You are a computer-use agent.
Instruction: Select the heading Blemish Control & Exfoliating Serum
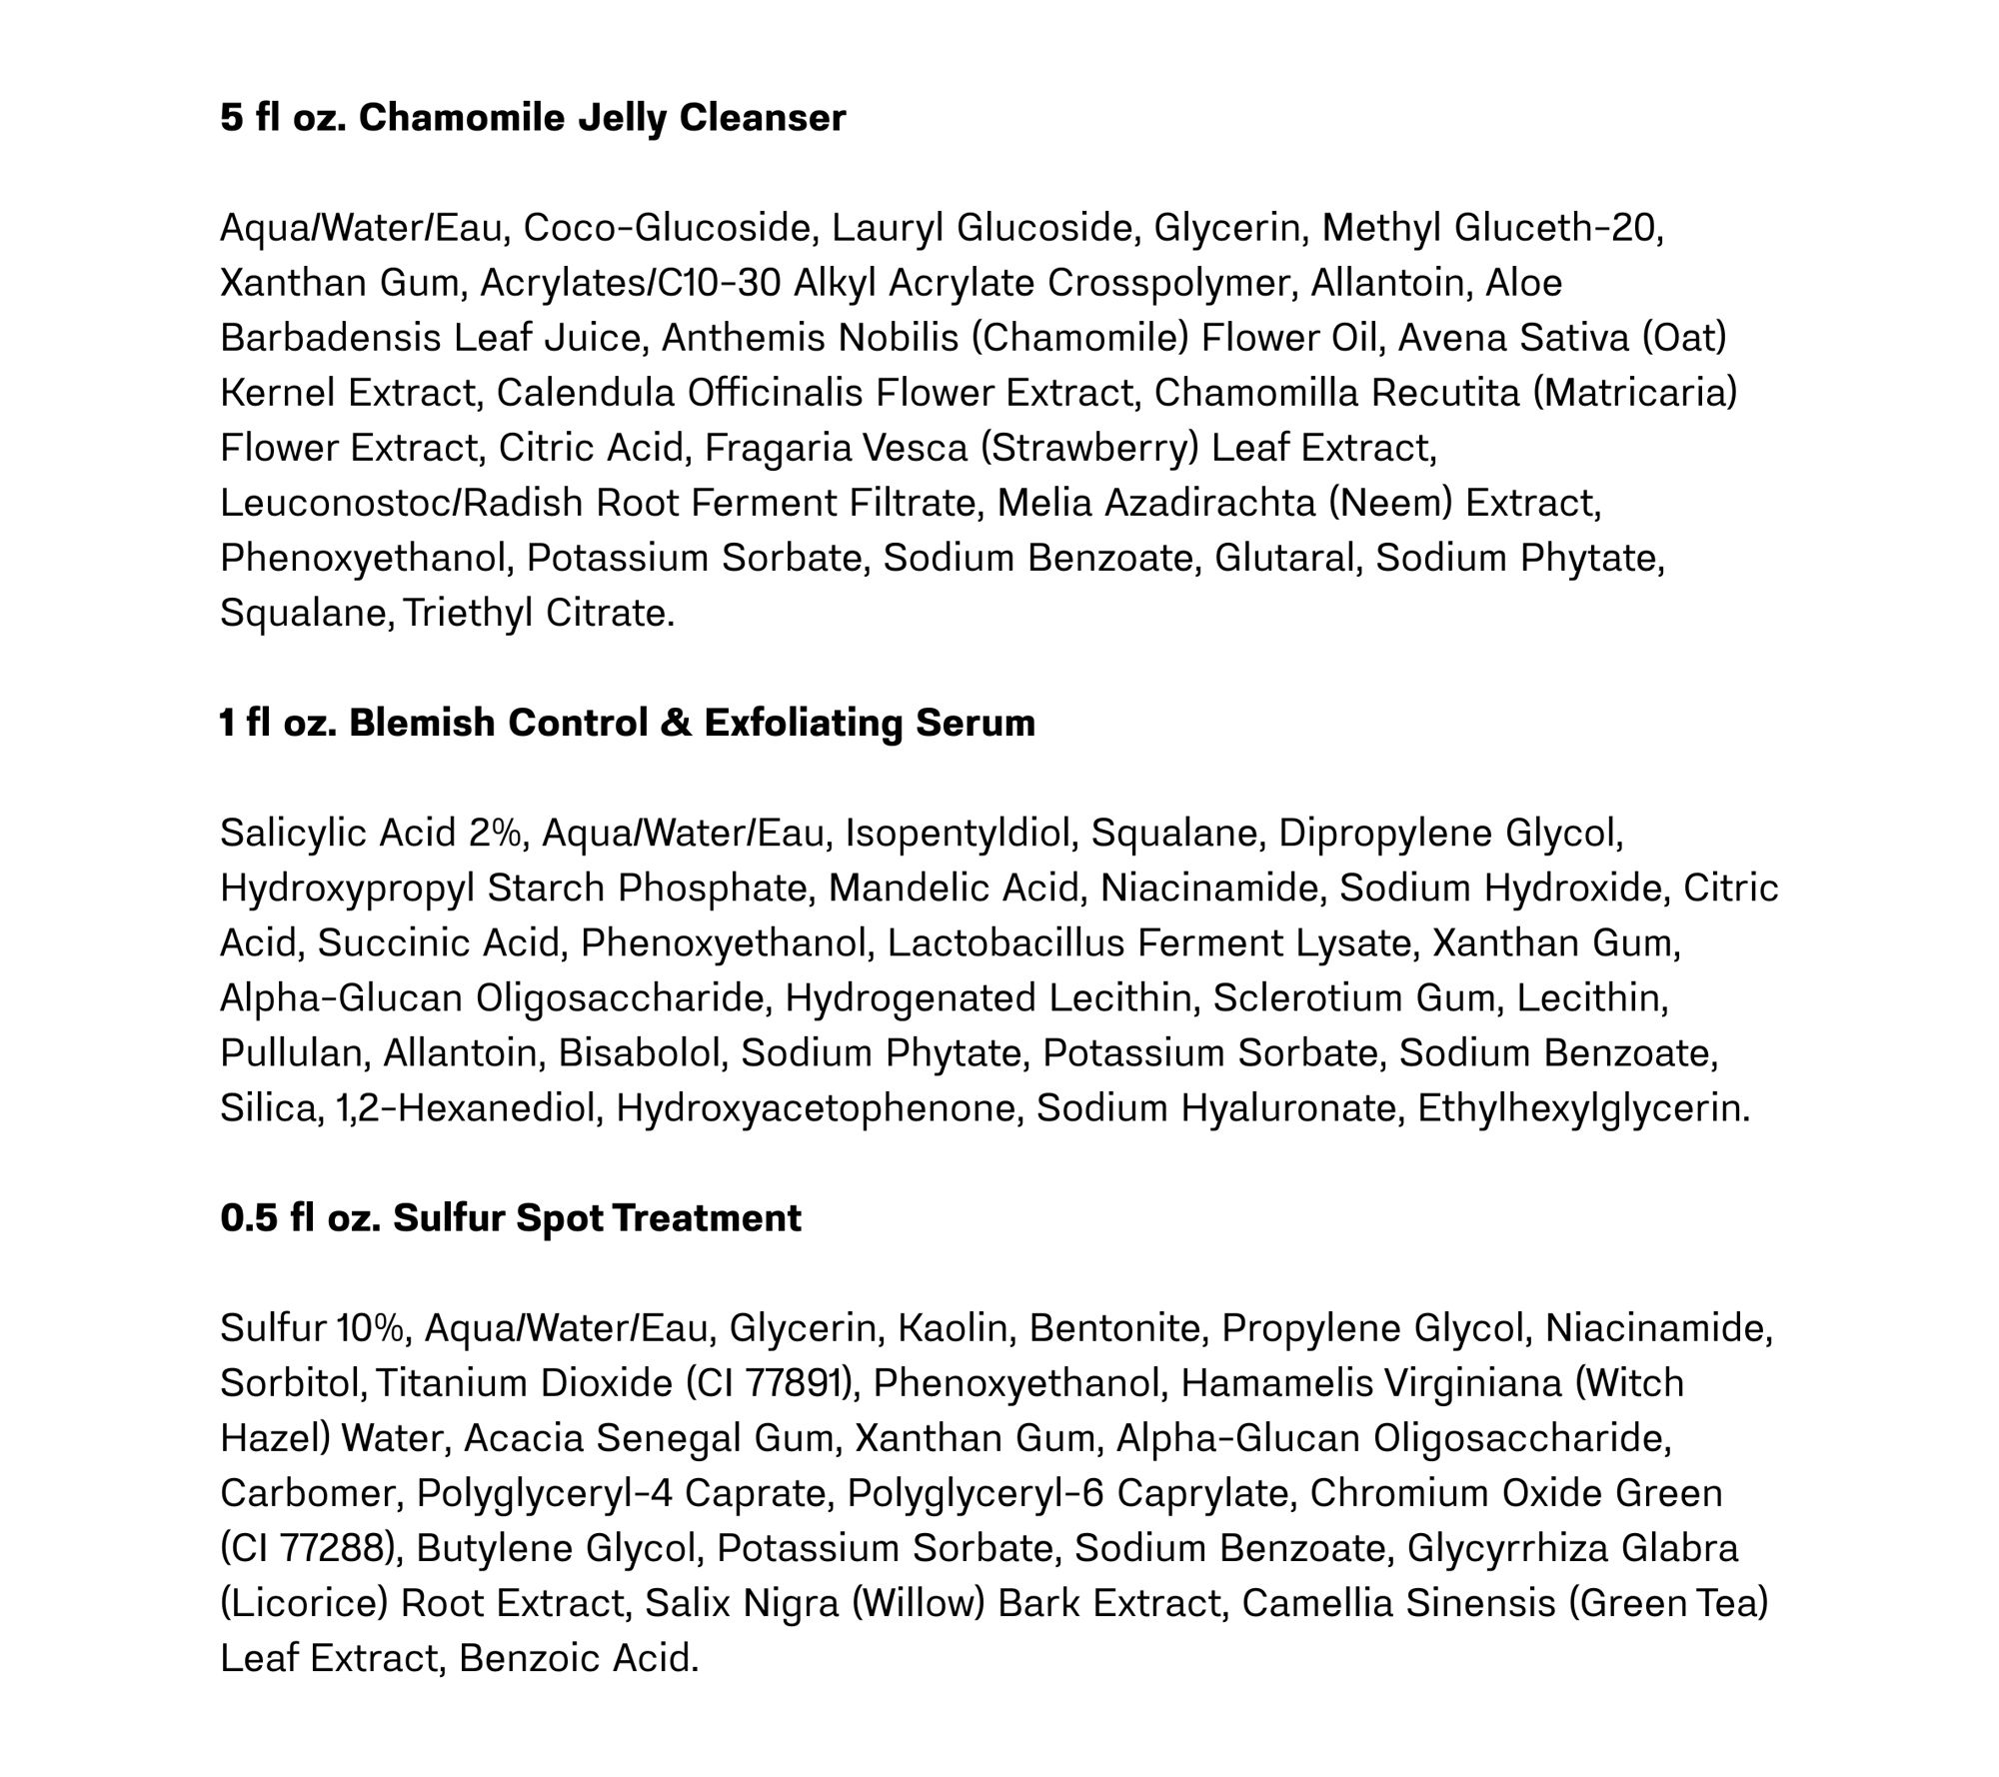click(692, 723)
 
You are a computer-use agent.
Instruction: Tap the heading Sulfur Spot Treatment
click(597, 1218)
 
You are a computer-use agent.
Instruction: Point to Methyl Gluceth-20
click(1492, 228)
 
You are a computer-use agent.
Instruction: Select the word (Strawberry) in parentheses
click(1089, 448)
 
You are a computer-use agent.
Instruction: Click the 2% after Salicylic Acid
click(494, 833)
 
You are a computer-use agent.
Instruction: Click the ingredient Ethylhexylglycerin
click(1582, 1107)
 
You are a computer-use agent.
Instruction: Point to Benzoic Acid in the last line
click(578, 1658)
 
